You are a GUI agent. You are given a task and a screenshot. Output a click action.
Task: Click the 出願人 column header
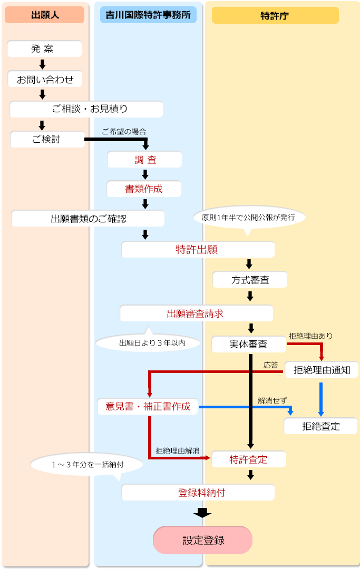[44, 15]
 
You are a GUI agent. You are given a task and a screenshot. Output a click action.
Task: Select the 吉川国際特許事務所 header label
[148, 15]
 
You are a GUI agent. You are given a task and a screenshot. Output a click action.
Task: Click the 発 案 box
[44, 49]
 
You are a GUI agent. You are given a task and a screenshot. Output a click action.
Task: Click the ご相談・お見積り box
[86, 110]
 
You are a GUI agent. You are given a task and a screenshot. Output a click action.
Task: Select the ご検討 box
[47, 140]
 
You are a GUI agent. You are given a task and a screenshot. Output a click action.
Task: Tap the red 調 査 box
[145, 159]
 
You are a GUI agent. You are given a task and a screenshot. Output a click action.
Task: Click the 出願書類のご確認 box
[88, 219]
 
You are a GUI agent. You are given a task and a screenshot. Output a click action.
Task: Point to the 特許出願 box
[197, 250]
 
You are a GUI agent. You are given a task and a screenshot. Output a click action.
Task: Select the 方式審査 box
[250, 280]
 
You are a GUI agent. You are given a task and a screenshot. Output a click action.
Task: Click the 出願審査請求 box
[196, 313]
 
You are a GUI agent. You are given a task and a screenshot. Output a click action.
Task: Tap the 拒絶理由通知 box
[321, 369]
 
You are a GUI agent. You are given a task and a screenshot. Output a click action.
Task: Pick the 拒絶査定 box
[320, 426]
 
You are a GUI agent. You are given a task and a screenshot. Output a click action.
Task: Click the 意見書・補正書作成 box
[148, 406]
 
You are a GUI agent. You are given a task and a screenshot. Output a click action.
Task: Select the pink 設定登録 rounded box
[202, 540]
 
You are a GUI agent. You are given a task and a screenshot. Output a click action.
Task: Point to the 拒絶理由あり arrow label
[310, 336]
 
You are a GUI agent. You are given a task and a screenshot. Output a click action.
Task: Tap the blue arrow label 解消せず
[273, 400]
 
